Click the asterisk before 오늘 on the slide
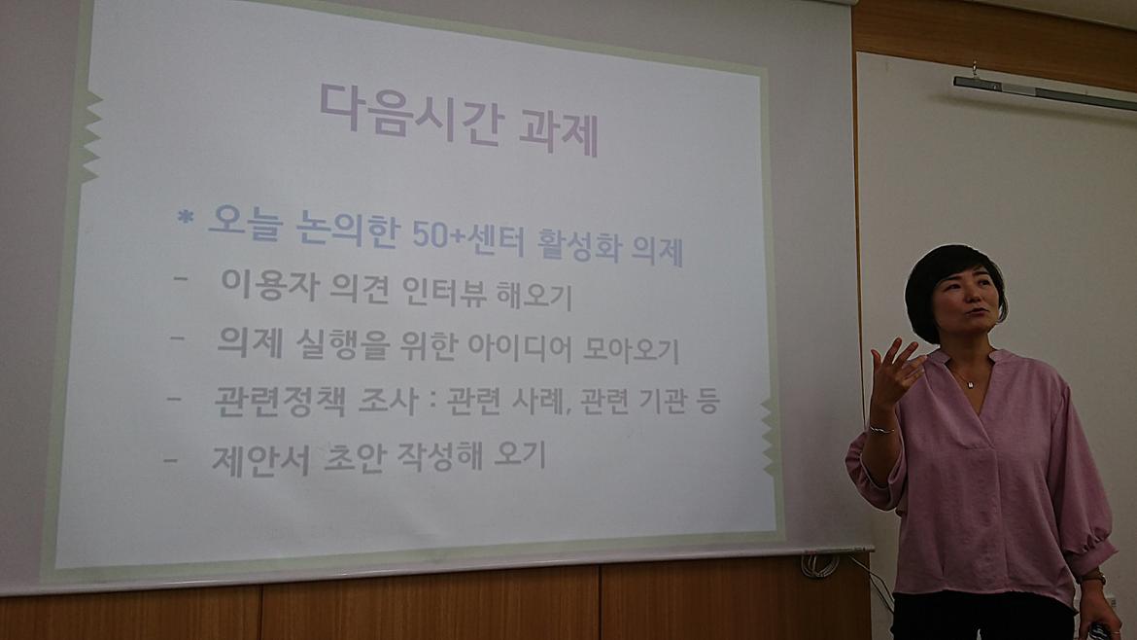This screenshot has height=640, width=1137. [186, 216]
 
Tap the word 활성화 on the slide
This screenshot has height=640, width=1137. [578, 246]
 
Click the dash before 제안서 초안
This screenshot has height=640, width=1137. [171, 459]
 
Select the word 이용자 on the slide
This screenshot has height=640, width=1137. [269, 285]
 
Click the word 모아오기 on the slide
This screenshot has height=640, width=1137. [631, 350]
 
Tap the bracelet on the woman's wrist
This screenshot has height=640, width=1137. [880, 430]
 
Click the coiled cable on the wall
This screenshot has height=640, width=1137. [819, 564]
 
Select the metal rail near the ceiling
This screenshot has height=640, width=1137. [1044, 92]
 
